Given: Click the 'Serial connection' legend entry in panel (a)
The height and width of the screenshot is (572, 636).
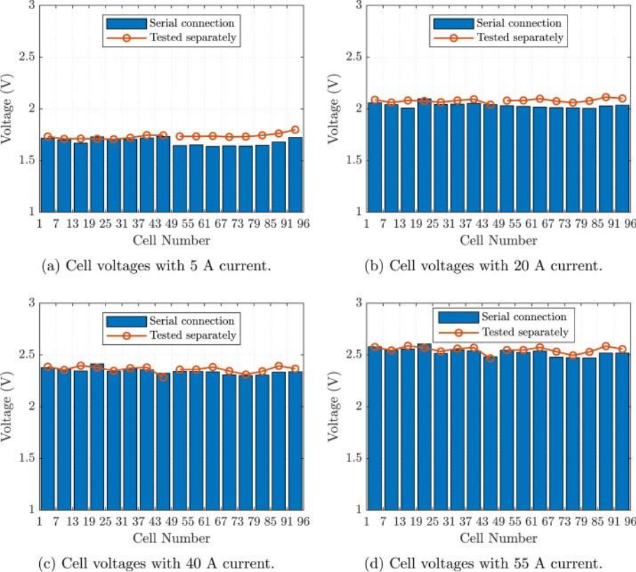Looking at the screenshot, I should click(x=191, y=24).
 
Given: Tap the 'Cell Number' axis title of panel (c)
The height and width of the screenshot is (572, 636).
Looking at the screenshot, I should click(x=171, y=538).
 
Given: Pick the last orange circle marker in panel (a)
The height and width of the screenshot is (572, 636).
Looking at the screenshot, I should click(x=294, y=130).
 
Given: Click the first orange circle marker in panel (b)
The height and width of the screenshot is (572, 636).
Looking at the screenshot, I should click(x=375, y=100).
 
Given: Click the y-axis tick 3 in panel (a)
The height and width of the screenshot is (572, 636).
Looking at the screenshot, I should click(x=31, y=6).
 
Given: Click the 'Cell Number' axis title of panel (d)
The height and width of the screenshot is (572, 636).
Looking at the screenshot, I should click(x=498, y=538).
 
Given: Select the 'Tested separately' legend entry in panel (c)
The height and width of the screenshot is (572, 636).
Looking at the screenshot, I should click(x=192, y=335).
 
